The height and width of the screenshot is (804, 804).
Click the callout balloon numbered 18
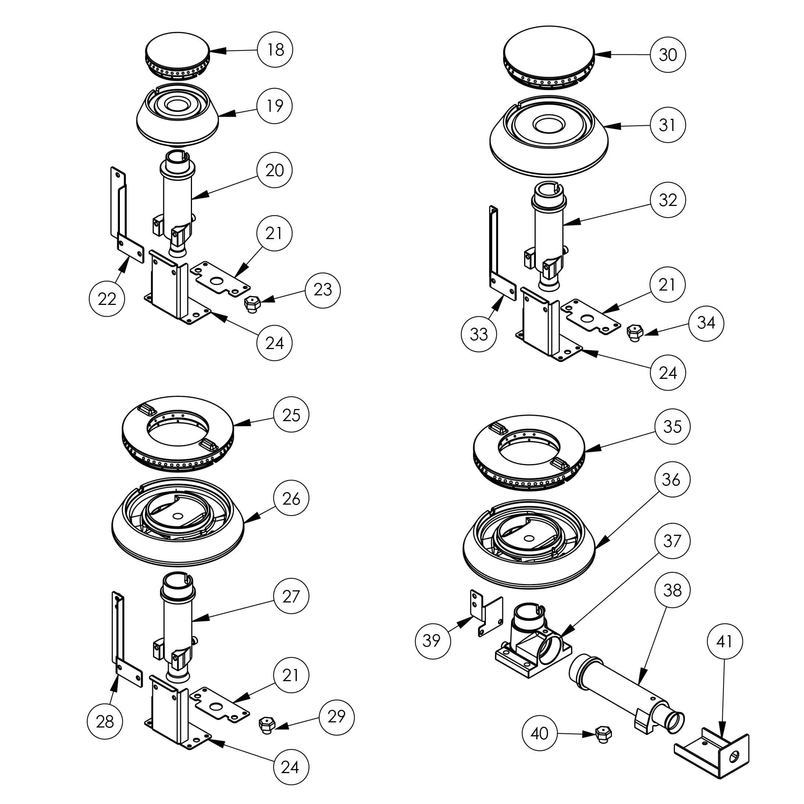coord(275,50)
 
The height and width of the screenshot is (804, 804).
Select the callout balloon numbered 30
coord(668,54)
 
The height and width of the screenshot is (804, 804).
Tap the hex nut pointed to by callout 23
coord(251,304)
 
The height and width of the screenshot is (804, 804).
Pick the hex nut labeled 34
coord(634,332)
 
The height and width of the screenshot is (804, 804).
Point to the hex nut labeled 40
coord(602,734)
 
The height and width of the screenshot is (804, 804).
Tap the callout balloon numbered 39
coord(433,640)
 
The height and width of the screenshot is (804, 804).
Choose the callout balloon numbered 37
coord(672,541)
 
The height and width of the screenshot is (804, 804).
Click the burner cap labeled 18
coord(178,54)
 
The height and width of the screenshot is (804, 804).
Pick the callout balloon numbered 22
coord(107,298)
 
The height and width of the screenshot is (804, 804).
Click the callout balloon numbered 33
coord(479,334)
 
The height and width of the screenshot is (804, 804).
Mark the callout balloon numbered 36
coord(671,479)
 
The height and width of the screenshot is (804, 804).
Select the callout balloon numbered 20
coord(275,170)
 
